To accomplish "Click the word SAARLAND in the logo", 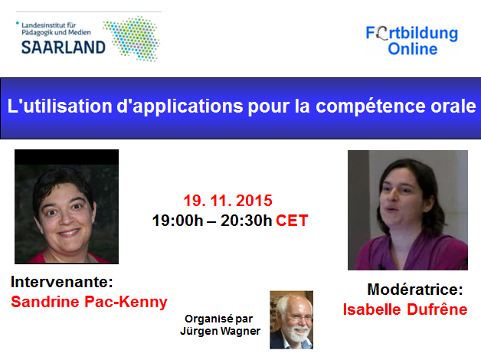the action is [64, 47].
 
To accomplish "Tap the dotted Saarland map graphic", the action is [132, 38].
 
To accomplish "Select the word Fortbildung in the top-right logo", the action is [411, 34].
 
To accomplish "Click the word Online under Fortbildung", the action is [413, 49].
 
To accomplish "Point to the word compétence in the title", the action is [371, 106].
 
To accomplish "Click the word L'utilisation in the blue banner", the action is [60, 106].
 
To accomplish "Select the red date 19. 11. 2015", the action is [228, 201].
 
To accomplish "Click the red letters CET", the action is [292, 221].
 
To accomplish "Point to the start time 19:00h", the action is [178, 221].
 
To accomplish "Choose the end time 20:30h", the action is [246, 221].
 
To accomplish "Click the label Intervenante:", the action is [62, 282].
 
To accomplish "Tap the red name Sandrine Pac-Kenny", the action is [89, 302].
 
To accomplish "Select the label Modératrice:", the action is [415, 290].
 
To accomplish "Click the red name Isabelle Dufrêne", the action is [405, 309].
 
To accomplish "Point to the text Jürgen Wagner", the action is [221, 331].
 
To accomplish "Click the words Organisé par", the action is [219, 319].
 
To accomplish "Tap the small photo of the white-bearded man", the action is [291, 320].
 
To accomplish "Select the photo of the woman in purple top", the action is [407, 210].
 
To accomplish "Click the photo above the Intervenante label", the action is [67, 207].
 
